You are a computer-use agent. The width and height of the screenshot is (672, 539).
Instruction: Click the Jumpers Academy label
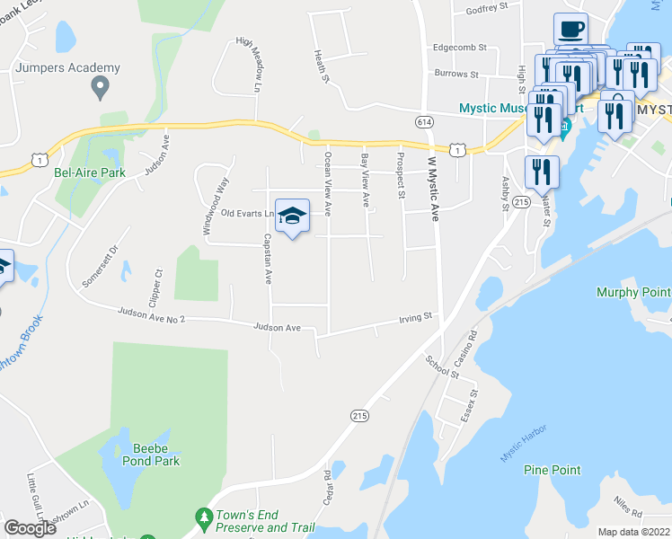coord(67,67)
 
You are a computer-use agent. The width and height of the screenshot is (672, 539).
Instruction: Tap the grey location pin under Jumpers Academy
coord(100,87)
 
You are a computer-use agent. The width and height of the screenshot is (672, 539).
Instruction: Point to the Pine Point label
coord(552,470)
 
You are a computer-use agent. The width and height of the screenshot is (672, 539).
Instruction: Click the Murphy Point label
coord(633,293)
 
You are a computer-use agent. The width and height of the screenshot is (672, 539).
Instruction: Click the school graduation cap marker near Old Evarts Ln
coord(292,216)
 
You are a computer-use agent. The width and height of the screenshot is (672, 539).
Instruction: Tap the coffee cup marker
coord(570,29)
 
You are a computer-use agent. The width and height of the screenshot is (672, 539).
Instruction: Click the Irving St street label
coord(416,317)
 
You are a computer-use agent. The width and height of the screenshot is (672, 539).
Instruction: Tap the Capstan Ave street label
coord(267,260)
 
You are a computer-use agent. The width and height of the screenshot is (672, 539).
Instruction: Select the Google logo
coord(31,528)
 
